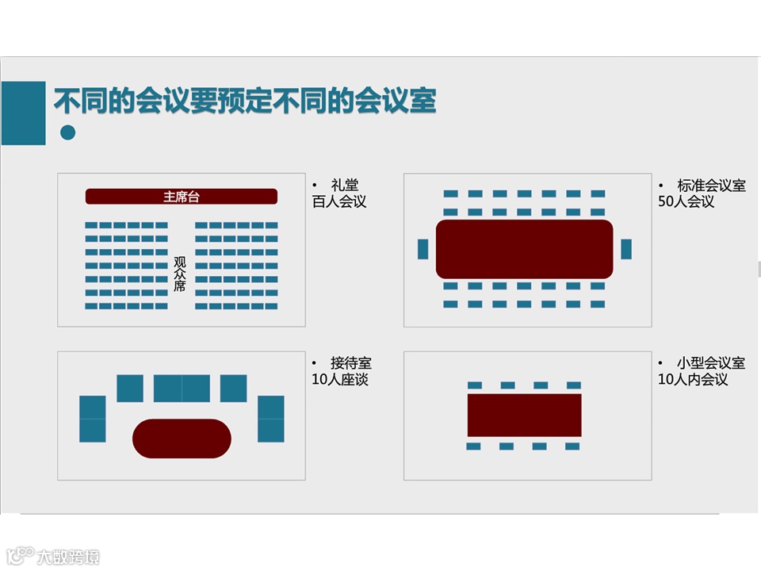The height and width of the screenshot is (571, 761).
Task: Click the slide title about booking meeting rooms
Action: tap(245, 102)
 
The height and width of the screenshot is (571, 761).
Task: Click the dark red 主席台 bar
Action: tap(182, 197)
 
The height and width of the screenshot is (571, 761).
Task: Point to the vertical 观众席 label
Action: tap(180, 274)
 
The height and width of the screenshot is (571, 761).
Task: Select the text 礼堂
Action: tap(345, 186)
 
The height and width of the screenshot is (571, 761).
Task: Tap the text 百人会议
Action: tap(339, 201)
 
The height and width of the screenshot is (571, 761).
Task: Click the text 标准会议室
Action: tap(712, 186)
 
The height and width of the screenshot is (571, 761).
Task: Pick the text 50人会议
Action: tap(686, 201)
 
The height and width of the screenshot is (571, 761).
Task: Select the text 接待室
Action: tap(351, 363)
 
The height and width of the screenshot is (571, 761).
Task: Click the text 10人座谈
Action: tap(340, 379)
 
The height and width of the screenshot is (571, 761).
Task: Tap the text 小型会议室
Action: tap(712, 363)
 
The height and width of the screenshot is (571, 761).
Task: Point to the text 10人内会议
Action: tap(693, 379)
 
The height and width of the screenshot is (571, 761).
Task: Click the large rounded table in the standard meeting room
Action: tap(524, 249)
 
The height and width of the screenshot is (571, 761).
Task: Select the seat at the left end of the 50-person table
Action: tap(423, 249)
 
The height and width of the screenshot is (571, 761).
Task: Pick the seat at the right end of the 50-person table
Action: tap(626, 249)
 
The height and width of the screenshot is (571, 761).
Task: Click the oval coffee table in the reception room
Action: tap(182, 439)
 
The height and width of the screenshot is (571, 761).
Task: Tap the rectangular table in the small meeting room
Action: tap(524, 415)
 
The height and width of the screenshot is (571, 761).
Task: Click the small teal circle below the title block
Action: tap(68, 132)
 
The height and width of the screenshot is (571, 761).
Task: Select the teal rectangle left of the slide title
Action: tap(23, 113)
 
